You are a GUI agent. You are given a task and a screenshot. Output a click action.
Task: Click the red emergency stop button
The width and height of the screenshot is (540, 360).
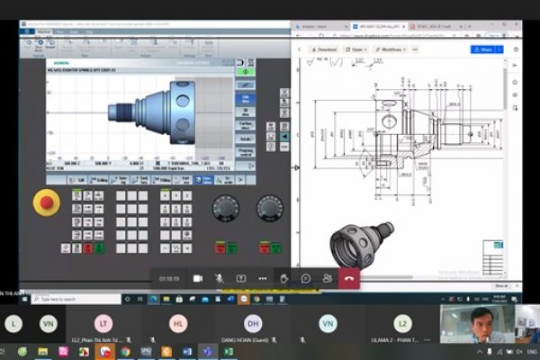[48, 202]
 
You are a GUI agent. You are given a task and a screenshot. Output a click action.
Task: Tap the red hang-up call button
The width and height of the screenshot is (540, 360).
[349, 279]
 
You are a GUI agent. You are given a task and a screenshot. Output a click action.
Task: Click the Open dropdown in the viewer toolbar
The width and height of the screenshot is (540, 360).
[358, 49]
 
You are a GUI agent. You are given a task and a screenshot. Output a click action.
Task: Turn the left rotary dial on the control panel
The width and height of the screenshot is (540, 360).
[225, 209]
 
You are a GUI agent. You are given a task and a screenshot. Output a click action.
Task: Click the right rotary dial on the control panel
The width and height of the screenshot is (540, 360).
[269, 209]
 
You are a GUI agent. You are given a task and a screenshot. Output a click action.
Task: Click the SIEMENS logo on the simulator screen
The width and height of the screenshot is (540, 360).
[55, 61]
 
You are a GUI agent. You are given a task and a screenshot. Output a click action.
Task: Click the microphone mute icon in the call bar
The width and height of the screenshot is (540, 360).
[219, 279]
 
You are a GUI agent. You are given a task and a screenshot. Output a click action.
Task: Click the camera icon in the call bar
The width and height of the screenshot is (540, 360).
[197, 279]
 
